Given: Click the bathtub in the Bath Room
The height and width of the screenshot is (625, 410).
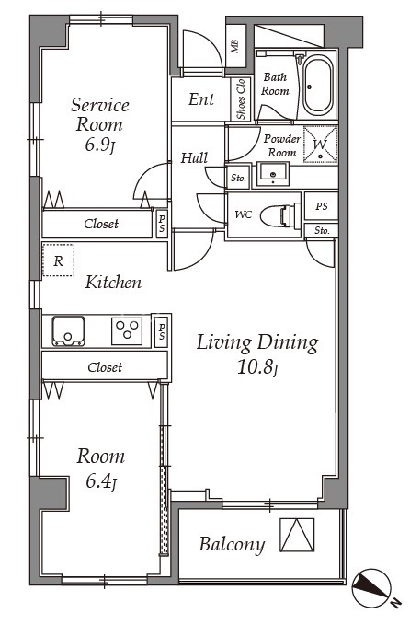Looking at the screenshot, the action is (x=317, y=85).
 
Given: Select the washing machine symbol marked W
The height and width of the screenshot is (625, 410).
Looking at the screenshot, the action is (x=320, y=145).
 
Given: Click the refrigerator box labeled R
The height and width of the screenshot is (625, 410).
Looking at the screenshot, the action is (x=58, y=260).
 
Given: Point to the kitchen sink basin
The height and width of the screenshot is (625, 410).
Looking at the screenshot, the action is (x=68, y=331).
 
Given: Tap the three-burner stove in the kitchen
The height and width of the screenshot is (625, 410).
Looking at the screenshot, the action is (x=127, y=330).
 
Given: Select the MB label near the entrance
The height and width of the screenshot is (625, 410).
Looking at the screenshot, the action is (x=234, y=46).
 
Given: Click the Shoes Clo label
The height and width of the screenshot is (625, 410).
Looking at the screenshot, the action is (x=241, y=98).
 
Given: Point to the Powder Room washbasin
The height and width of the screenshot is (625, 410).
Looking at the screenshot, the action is (x=273, y=174).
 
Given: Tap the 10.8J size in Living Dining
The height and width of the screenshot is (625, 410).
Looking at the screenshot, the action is (x=257, y=367).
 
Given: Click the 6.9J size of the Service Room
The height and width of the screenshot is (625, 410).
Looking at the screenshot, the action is (x=100, y=145).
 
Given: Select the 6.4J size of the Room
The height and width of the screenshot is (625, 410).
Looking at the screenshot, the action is (x=101, y=482).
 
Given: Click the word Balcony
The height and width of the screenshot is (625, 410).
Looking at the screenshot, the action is (x=232, y=545).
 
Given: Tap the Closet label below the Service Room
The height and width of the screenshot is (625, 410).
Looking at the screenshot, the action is (x=101, y=224).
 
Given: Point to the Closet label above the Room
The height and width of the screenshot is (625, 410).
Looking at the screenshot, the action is (x=105, y=366).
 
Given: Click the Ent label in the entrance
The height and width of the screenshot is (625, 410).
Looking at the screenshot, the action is (x=201, y=99).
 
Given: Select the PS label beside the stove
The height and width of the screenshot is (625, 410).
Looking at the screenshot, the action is (x=162, y=331).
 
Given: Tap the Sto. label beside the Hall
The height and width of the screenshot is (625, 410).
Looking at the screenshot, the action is (x=238, y=179).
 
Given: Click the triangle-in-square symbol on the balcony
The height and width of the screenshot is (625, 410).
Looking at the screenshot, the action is (x=297, y=535).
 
